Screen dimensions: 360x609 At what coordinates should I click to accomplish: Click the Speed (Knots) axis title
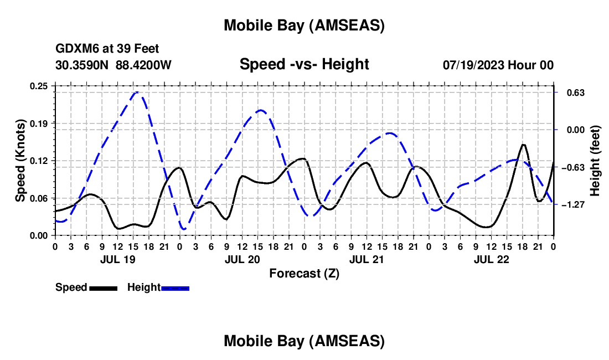(x=20, y=161)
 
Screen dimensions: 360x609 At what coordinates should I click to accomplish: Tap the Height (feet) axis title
(x=595, y=161)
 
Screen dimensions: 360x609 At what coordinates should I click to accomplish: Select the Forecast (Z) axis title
(x=304, y=273)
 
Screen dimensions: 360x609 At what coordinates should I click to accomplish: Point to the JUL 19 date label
(x=117, y=259)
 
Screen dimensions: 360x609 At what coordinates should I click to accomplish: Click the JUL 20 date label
(x=242, y=259)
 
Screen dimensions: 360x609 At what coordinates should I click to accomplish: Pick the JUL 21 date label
(x=367, y=259)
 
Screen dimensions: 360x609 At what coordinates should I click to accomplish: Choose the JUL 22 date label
(x=491, y=259)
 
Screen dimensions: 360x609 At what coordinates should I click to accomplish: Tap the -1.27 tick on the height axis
(x=574, y=205)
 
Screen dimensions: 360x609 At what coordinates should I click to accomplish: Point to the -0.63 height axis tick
(x=574, y=167)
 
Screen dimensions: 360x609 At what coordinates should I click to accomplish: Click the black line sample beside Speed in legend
(x=103, y=288)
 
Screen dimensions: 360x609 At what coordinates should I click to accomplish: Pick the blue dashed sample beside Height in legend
(x=175, y=288)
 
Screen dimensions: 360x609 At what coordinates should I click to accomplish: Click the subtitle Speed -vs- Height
(x=304, y=64)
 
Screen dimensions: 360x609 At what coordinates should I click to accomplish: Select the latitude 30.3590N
(x=83, y=65)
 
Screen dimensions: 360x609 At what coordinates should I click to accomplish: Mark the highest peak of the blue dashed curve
(x=137, y=92)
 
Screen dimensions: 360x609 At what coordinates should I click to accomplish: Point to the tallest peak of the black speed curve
(x=523, y=145)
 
